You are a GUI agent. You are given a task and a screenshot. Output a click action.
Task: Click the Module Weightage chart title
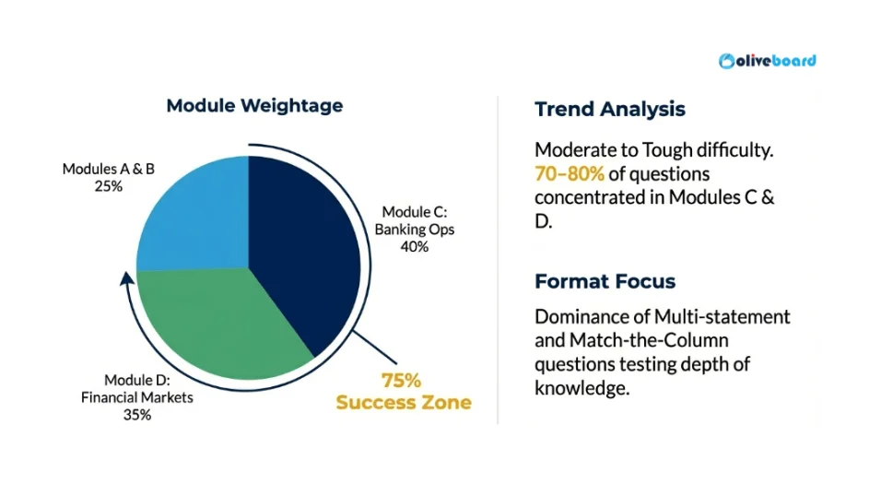click(254, 105)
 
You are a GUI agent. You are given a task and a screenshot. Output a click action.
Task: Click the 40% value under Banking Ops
click(415, 247)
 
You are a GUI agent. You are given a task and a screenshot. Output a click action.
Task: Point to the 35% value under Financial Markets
click(137, 415)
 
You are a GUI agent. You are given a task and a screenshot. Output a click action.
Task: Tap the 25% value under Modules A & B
click(109, 186)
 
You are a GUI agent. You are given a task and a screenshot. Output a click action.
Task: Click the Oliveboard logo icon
click(726, 61)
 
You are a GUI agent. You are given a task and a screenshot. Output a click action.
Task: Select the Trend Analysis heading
click(610, 109)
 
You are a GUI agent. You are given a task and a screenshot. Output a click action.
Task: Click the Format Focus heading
click(605, 281)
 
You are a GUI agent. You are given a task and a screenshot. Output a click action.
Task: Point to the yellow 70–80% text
click(570, 174)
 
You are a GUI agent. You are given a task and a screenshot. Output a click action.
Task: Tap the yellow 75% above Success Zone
click(401, 381)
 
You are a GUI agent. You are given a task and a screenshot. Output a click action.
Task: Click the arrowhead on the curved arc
click(127, 277)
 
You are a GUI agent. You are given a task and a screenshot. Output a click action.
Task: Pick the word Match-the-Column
click(649, 340)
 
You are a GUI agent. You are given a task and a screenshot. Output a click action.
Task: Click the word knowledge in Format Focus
click(581, 388)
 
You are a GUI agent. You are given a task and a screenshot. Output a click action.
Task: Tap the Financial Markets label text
click(137, 397)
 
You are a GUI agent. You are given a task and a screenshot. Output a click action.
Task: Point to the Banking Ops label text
click(415, 230)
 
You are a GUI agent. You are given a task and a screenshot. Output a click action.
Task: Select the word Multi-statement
click(722, 316)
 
